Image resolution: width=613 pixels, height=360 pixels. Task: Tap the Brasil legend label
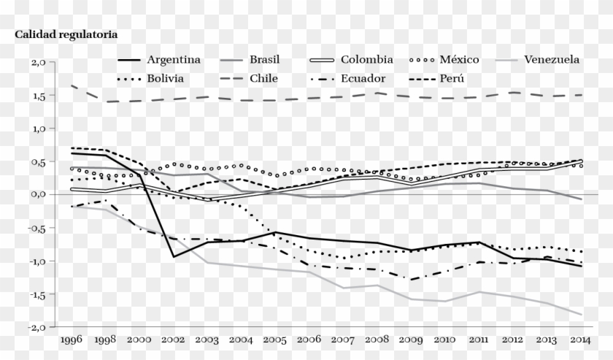264,60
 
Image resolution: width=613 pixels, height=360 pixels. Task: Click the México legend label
459,60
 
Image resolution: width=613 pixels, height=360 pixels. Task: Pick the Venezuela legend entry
552,60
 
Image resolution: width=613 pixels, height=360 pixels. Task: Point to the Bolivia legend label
165,78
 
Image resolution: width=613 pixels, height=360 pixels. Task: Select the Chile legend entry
263,78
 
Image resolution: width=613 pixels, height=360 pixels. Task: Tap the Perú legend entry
452,78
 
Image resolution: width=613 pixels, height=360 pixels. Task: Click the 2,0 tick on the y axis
39,63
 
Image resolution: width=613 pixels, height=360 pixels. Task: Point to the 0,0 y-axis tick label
39,194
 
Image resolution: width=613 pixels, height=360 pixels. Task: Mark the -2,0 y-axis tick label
37,326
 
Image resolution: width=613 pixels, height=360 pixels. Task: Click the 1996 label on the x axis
70,340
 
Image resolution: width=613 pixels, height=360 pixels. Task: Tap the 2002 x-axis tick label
173,340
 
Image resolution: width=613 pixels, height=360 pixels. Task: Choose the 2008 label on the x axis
377,340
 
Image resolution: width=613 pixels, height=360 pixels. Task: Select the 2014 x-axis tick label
582,340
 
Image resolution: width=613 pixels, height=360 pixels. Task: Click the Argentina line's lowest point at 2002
174,257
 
